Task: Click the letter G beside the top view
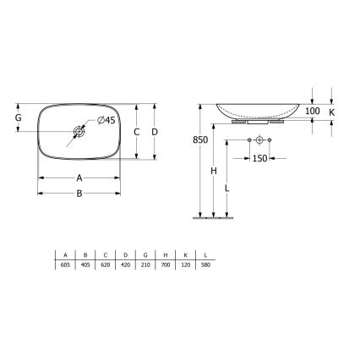(18, 117)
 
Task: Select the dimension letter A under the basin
(79, 178)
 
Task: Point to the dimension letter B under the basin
(79, 194)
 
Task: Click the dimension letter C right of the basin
(136, 132)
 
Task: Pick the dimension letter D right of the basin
(155, 132)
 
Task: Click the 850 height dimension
(199, 139)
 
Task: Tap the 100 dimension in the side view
(312, 112)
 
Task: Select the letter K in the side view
(332, 112)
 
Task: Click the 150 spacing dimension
(259, 158)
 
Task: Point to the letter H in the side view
(214, 172)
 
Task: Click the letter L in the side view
(227, 188)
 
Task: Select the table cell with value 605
(66, 264)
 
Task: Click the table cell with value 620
(106, 264)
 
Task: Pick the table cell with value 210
(145, 264)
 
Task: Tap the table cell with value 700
(166, 264)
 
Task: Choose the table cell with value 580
(205, 264)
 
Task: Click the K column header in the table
(185, 254)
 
